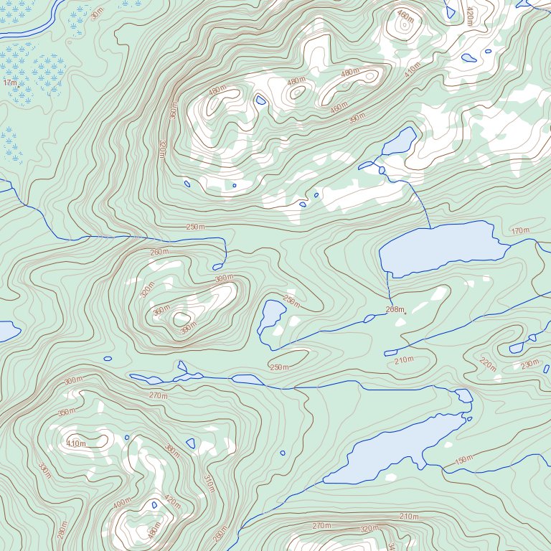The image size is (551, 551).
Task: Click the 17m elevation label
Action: pos(10,83)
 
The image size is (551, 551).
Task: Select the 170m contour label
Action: pos(520,231)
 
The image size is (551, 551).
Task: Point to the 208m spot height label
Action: pos(395,310)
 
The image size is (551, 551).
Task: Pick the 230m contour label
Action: pos(529,364)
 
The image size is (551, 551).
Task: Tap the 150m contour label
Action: pos(464,460)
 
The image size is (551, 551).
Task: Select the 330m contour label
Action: pos(45,471)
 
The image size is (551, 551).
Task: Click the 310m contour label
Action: pos(209,484)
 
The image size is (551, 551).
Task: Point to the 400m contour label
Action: pos(123,503)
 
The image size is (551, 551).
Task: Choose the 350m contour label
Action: pos(66,413)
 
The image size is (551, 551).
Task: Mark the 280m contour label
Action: pos(62,530)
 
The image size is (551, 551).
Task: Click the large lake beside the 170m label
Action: pos(438,248)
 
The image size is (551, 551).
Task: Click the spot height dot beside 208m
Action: pos(405,313)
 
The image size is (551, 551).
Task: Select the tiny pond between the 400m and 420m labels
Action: pos(154,505)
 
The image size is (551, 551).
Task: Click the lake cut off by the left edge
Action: pos(7,331)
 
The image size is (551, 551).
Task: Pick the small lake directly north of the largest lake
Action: pos(400,142)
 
